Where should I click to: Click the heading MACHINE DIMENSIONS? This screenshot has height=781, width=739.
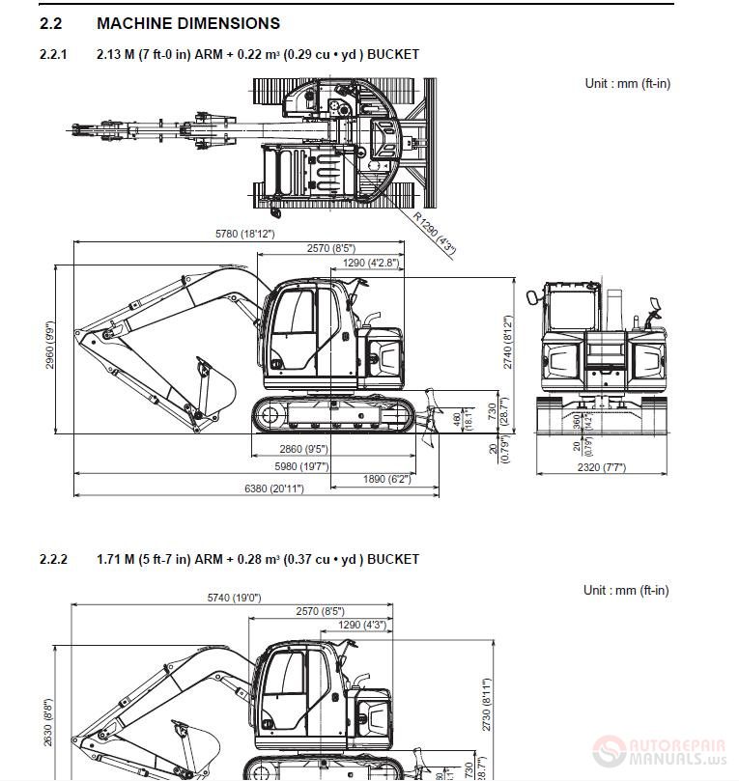pos(187,23)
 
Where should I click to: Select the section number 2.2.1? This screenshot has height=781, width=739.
pos(53,55)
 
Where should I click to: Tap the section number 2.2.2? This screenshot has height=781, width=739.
pos(53,559)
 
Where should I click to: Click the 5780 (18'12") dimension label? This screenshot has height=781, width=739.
pos(244,235)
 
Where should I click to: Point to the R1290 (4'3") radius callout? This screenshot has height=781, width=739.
pos(434,232)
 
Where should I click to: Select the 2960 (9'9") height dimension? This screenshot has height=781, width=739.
pos(50,346)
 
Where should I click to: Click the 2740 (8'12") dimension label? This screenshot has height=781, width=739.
pos(507,342)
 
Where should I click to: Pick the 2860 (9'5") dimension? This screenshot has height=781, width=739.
pos(302,449)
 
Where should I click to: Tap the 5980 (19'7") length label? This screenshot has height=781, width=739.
pos(301,466)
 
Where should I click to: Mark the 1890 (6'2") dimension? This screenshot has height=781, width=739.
pos(386,479)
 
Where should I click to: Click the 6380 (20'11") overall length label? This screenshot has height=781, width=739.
pos(273,489)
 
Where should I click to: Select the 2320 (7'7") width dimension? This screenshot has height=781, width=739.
pos(601,467)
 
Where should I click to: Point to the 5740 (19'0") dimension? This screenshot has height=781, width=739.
pos(234,598)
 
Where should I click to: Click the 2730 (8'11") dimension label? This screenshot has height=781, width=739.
pos(487,705)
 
